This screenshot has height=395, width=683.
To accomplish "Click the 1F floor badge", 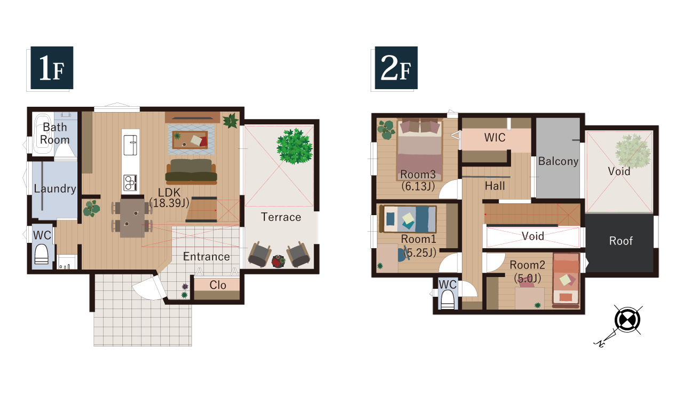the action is [x=52, y=68].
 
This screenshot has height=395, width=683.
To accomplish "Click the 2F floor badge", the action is [x=396, y=68].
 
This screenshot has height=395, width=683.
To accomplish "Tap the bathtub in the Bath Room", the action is [x=42, y=133].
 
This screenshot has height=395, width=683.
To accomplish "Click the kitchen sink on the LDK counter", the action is [x=130, y=145].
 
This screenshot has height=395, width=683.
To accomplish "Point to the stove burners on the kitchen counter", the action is [x=130, y=183].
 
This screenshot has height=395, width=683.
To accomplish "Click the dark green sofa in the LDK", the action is [x=191, y=171].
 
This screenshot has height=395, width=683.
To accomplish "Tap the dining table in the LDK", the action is [x=132, y=217].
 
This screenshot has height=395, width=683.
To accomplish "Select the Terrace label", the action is [x=281, y=217].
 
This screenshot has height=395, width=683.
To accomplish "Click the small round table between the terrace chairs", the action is [x=278, y=262].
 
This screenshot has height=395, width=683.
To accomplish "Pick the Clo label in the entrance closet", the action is [x=218, y=285].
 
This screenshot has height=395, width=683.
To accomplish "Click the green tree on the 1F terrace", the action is [x=295, y=146].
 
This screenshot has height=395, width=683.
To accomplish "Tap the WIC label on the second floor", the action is [x=495, y=138].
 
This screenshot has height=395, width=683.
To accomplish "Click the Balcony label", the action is [x=558, y=161].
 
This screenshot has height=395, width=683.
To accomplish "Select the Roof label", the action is [x=621, y=241].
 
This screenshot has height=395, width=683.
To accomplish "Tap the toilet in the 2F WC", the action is [x=447, y=300].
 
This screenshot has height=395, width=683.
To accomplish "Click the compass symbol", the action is [x=627, y=320].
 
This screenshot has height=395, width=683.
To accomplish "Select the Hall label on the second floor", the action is [x=495, y=186].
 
